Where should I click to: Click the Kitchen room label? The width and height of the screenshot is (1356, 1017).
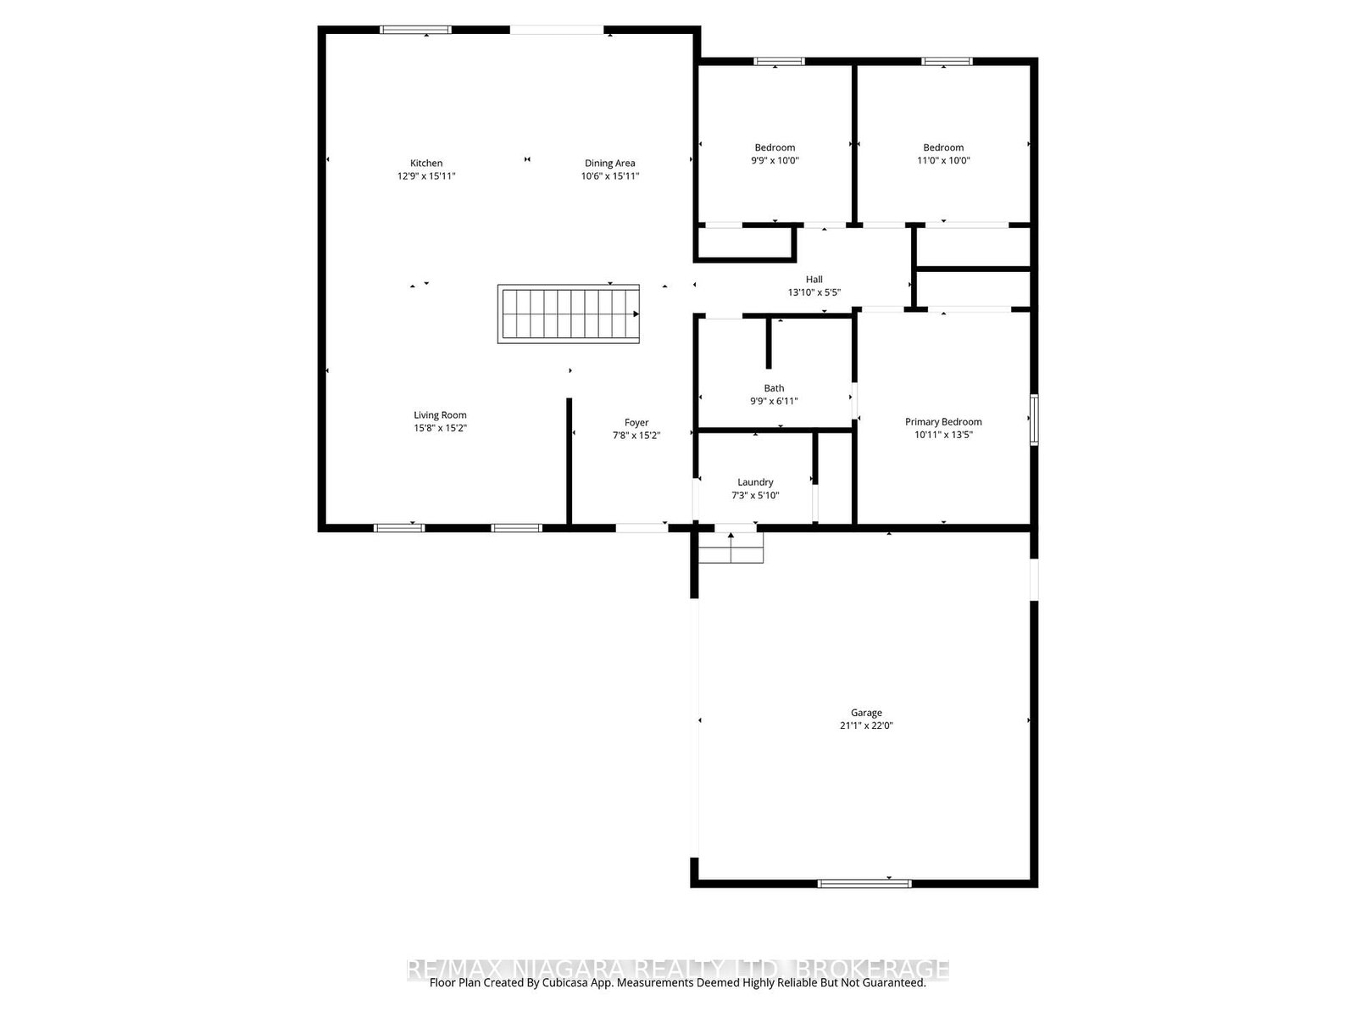pos(426,164)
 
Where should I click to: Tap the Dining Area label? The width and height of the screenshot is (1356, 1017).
pos(609,164)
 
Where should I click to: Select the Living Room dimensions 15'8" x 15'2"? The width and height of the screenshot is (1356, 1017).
pos(440,429)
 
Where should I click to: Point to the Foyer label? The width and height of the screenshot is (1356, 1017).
pos(636,423)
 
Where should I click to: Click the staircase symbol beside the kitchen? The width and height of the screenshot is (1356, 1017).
pos(569,314)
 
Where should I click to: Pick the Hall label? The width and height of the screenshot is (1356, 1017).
pos(814,280)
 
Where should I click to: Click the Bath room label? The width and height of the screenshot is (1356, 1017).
pos(774,389)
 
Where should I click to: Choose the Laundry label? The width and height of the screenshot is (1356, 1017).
pos(755,483)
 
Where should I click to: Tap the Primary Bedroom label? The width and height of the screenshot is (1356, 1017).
pos(943,422)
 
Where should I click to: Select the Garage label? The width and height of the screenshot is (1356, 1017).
pos(866,714)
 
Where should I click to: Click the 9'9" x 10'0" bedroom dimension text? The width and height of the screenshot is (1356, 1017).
pos(775,160)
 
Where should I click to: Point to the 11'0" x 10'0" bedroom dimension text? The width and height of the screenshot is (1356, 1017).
pos(943,160)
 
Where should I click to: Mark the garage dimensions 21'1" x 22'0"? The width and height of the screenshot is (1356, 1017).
pos(866,726)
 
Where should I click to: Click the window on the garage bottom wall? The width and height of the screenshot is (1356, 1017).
pos(864,883)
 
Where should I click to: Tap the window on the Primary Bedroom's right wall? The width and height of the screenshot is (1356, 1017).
pos(1034,420)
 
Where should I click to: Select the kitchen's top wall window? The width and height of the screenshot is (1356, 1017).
pos(415,30)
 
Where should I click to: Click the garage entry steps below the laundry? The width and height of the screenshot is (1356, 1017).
pos(731,548)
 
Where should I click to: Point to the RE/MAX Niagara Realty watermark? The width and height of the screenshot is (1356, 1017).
pos(678,969)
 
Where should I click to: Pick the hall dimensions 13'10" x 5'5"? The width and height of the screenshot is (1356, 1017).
pos(814,292)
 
